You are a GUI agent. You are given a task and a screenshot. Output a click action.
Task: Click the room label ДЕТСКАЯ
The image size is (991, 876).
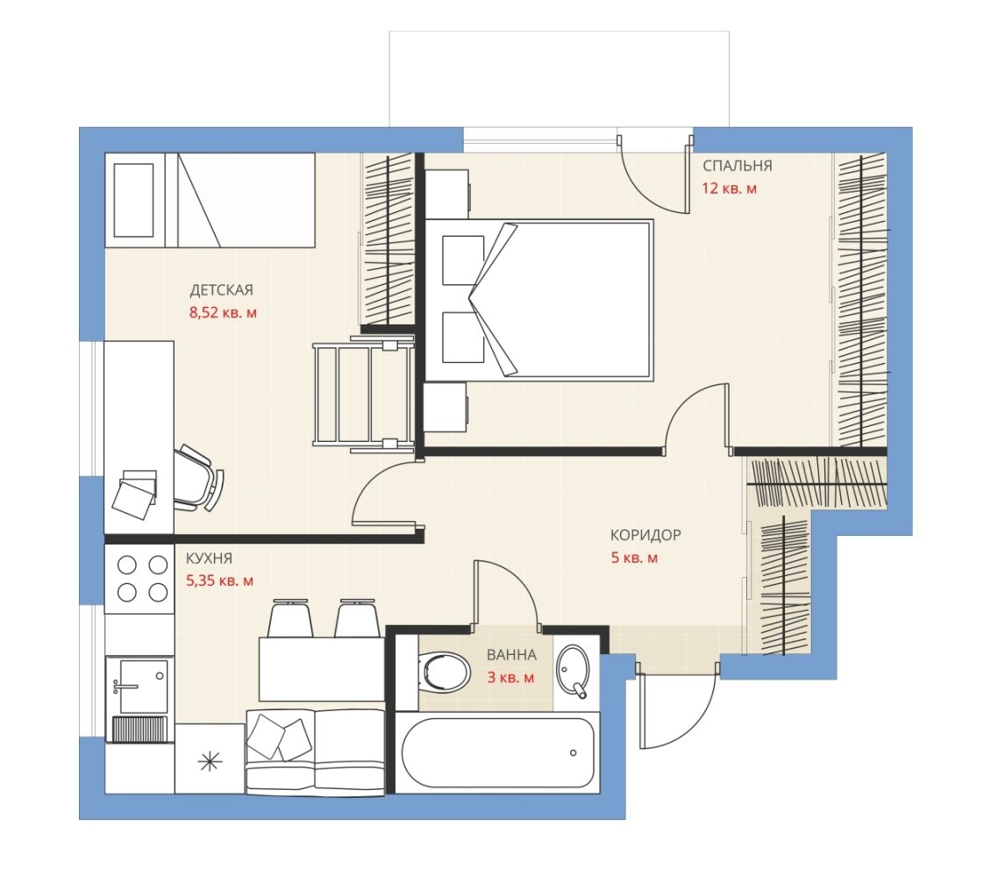point(221,290)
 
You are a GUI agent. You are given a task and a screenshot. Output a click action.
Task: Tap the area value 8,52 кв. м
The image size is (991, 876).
point(223,312)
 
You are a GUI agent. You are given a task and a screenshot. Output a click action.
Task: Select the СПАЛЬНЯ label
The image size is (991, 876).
point(738,166)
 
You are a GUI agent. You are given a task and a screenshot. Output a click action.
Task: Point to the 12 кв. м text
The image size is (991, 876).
point(730,189)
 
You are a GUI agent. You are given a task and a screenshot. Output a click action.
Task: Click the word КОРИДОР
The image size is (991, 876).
point(645,535)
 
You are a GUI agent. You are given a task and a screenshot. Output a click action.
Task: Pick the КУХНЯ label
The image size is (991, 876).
point(209,559)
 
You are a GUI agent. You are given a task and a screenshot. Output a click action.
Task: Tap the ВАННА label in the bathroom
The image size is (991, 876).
point(511,655)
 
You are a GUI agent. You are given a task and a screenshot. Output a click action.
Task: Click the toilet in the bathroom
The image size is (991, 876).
point(445,672)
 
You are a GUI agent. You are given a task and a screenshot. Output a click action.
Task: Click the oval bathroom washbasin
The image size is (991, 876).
point(573,671)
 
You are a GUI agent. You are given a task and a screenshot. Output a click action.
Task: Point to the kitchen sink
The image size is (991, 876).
point(139,687)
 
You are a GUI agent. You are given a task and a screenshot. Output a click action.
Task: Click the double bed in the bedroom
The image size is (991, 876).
point(539,300)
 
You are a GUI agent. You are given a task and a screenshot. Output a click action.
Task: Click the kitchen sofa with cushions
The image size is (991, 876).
point(315,751)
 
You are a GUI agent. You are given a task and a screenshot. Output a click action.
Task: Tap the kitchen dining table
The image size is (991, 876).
point(322,669)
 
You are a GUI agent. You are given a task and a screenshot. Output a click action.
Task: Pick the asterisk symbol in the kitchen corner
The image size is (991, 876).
point(210,762)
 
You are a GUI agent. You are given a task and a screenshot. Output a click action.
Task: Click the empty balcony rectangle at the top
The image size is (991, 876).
point(560,78)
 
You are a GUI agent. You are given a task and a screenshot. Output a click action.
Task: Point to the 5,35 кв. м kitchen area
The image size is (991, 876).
point(219,580)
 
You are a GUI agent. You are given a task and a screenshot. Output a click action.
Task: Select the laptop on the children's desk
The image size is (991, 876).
point(135,495)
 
